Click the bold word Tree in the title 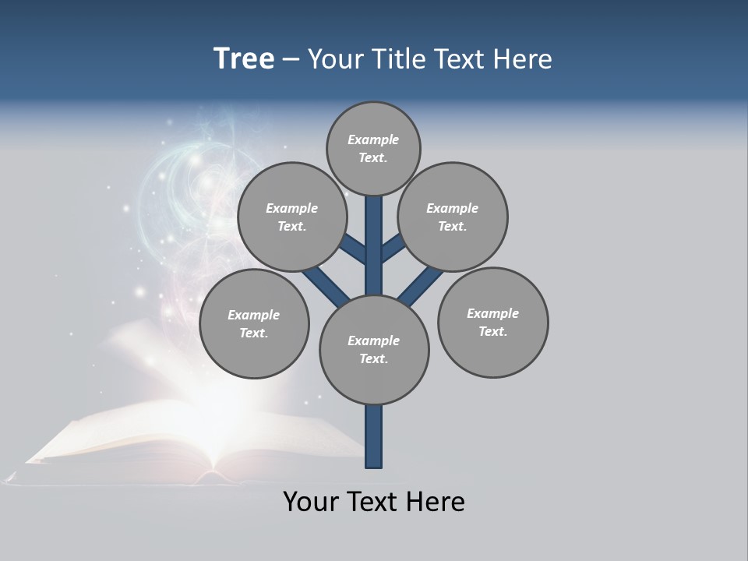244,58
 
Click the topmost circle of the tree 373,148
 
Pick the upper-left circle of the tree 291,217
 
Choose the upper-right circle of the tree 453,217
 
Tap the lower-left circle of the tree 254,323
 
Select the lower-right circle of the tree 493,322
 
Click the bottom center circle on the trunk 374,349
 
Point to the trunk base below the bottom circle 374,436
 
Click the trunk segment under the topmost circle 374,234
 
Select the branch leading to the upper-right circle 393,249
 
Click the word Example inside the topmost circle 373,139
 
